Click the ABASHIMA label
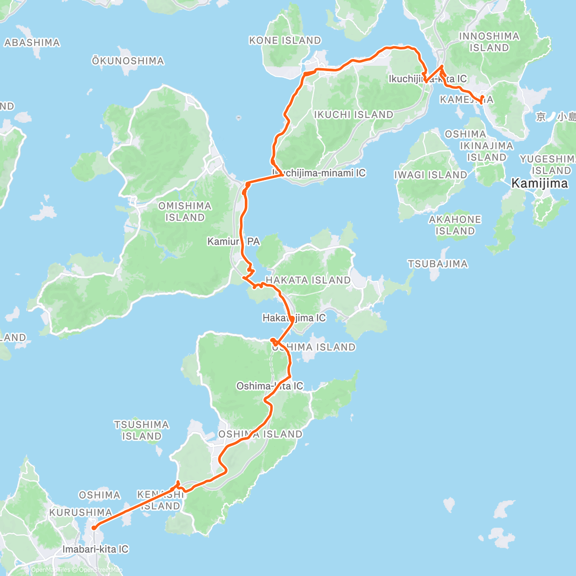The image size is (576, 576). pos(32,43)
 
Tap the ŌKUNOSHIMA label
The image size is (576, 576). pos(128,61)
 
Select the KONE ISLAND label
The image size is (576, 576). pos(285,41)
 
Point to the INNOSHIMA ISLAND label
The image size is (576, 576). pos(489,42)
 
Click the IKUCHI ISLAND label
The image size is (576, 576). pos(353,115)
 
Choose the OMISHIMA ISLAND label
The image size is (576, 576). pos(185,212)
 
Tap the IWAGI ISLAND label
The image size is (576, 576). pos(431,175)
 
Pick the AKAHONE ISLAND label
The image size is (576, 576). pos(455,225)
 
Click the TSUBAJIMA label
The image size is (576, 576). pos(438,264)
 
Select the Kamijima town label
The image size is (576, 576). pos(540,183)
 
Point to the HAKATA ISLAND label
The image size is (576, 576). pos(308,280)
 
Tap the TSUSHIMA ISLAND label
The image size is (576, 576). pos(142,431)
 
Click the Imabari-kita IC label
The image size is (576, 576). pos(96,549)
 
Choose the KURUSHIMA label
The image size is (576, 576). pos(80,513)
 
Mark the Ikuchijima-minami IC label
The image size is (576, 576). pos(319,173)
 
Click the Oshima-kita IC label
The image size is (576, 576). pos(270,386)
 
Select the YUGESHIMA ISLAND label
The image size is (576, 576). pos(548,165)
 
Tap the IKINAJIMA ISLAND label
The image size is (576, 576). pos(487,151)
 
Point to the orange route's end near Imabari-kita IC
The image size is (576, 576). pos(94,528)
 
